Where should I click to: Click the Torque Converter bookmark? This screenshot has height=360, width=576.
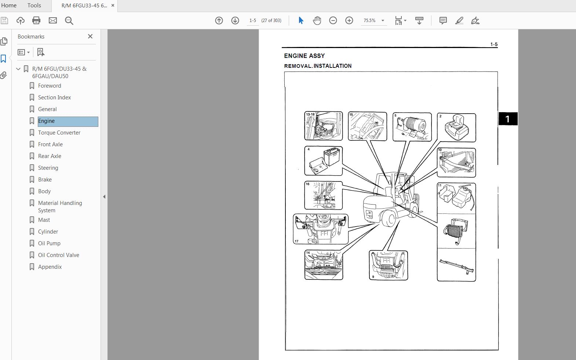[x=59, y=133]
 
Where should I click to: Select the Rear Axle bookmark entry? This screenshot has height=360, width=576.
[x=50, y=156]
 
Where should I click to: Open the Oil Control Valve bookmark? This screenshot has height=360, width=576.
[x=58, y=255]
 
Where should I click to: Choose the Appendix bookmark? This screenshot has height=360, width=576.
[x=50, y=267]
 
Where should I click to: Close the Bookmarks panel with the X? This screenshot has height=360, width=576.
[x=90, y=36]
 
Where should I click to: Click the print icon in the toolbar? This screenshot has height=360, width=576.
[x=36, y=21]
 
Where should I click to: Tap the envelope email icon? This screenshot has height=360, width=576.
[x=53, y=21]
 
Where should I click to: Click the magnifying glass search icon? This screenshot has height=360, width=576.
[x=69, y=21]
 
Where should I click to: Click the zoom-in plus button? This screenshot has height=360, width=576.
[x=349, y=21]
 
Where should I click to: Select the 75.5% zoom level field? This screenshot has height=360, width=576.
[x=369, y=21]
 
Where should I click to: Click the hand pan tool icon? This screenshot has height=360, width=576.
[x=317, y=21]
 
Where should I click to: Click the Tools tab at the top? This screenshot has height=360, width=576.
[x=34, y=5]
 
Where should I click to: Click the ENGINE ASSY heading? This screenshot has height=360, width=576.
[x=304, y=56]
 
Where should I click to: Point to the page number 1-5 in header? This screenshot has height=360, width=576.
[x=494, y=44]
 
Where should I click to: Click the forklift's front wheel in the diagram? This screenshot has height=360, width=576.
[x=389, y=219]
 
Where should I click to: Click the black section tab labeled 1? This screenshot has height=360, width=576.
[x=507, y=119]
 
